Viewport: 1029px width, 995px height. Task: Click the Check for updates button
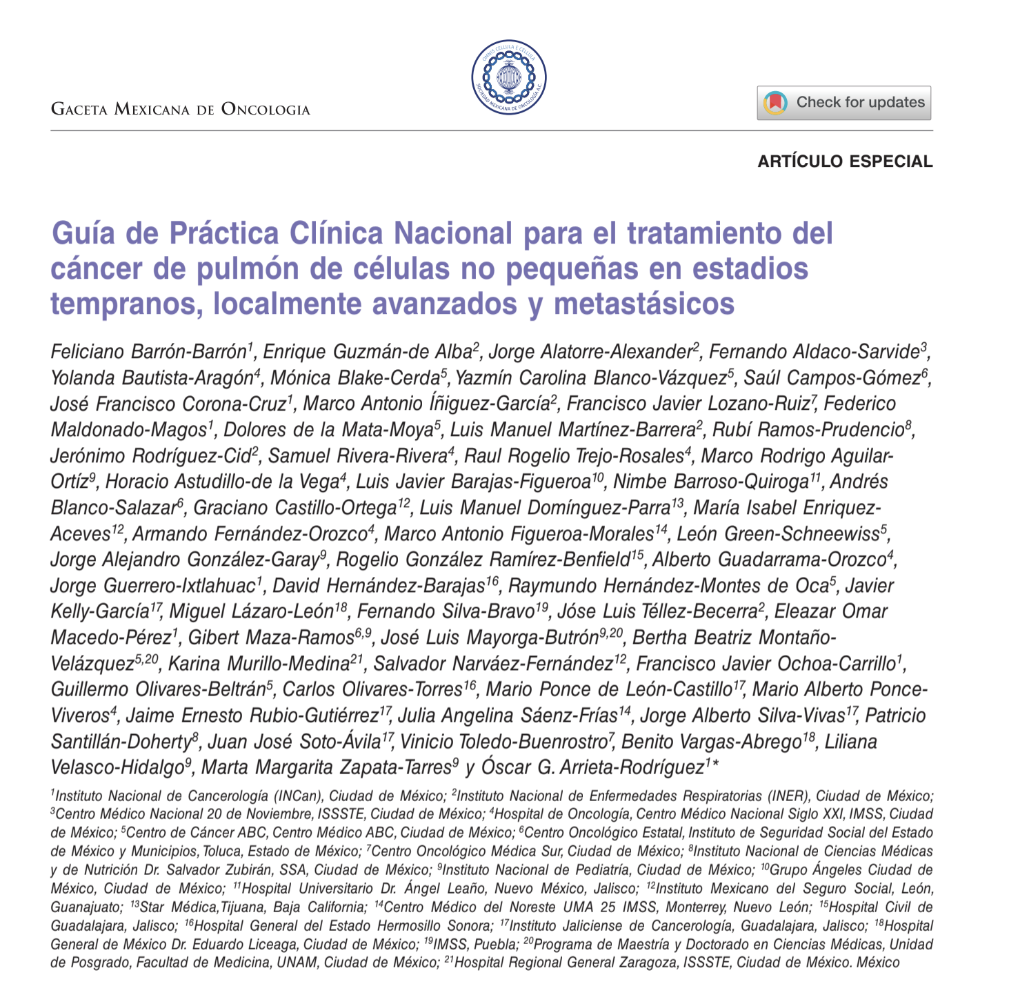(x=843, y=103)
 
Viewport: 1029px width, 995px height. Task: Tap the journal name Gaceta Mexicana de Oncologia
(x=181, y=109)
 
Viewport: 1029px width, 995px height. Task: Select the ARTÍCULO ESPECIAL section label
(x=845, y=161)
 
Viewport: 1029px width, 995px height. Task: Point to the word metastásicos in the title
(x=644, y=304)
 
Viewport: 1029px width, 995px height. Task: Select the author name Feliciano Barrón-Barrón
(x=149, y=352)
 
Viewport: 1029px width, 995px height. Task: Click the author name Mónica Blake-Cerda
(x=354, y=378)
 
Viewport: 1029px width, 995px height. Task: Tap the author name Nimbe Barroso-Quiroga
(x=710, y=482)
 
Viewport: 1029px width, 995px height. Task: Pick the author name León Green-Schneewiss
(x=777, y=533)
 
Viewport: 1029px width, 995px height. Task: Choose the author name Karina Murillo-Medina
(x=259, y=664)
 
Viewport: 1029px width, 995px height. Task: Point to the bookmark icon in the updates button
(x=776, y=103)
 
